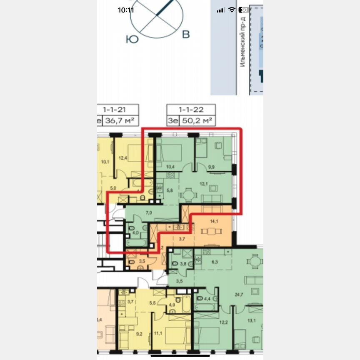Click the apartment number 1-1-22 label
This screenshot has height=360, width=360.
click(191, 110)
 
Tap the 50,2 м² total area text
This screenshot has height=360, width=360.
click(197, 121)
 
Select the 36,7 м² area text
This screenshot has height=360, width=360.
click(120, 121)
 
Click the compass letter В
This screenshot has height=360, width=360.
click(186, 35)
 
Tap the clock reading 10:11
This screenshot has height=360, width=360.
click(126, 10)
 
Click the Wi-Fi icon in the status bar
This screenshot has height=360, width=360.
click(232, 10)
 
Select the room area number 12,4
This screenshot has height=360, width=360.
click(122, 158)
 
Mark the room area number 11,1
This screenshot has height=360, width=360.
click(158, 333)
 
